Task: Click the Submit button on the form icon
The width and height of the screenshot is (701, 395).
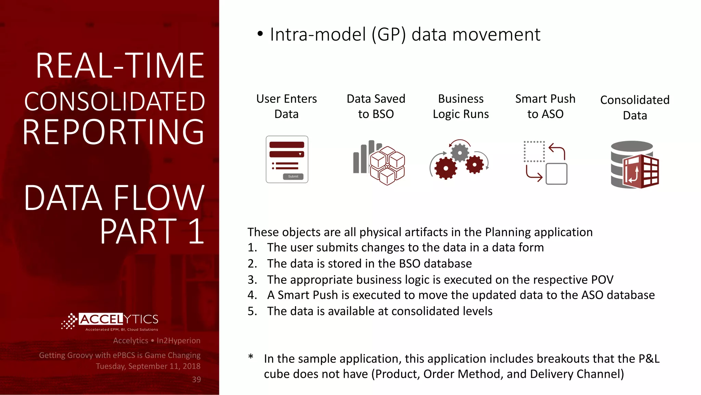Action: click(x=293, y=177)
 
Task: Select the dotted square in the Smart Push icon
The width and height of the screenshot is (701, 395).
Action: click(x=534, y=151)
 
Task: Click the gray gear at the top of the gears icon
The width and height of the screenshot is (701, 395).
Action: click(x=460, y=152)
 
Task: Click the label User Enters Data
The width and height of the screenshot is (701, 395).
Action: click(x=286, y=106)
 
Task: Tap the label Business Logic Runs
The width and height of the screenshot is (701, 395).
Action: click(x=461, y=106)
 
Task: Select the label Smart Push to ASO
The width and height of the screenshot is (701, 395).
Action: click(x=545, y=106)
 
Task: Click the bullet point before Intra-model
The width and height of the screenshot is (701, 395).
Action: click(x=260, y=34)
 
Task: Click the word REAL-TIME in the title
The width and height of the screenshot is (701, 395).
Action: click(x=120, y=66)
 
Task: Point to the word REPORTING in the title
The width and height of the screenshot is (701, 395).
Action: click(x=114, y=132)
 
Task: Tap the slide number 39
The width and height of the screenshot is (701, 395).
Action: click(x=196, y=380)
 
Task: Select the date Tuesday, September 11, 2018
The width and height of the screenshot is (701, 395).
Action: click(x=148, y=366)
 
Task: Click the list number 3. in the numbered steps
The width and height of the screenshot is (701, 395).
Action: click(x=252, y=280)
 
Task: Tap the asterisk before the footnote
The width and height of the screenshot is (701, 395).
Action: click(x=251, y=357)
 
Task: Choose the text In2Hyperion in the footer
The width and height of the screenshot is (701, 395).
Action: click(x=178, y=340)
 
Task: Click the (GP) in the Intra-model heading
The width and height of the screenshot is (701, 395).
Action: click(x=389, y=35)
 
